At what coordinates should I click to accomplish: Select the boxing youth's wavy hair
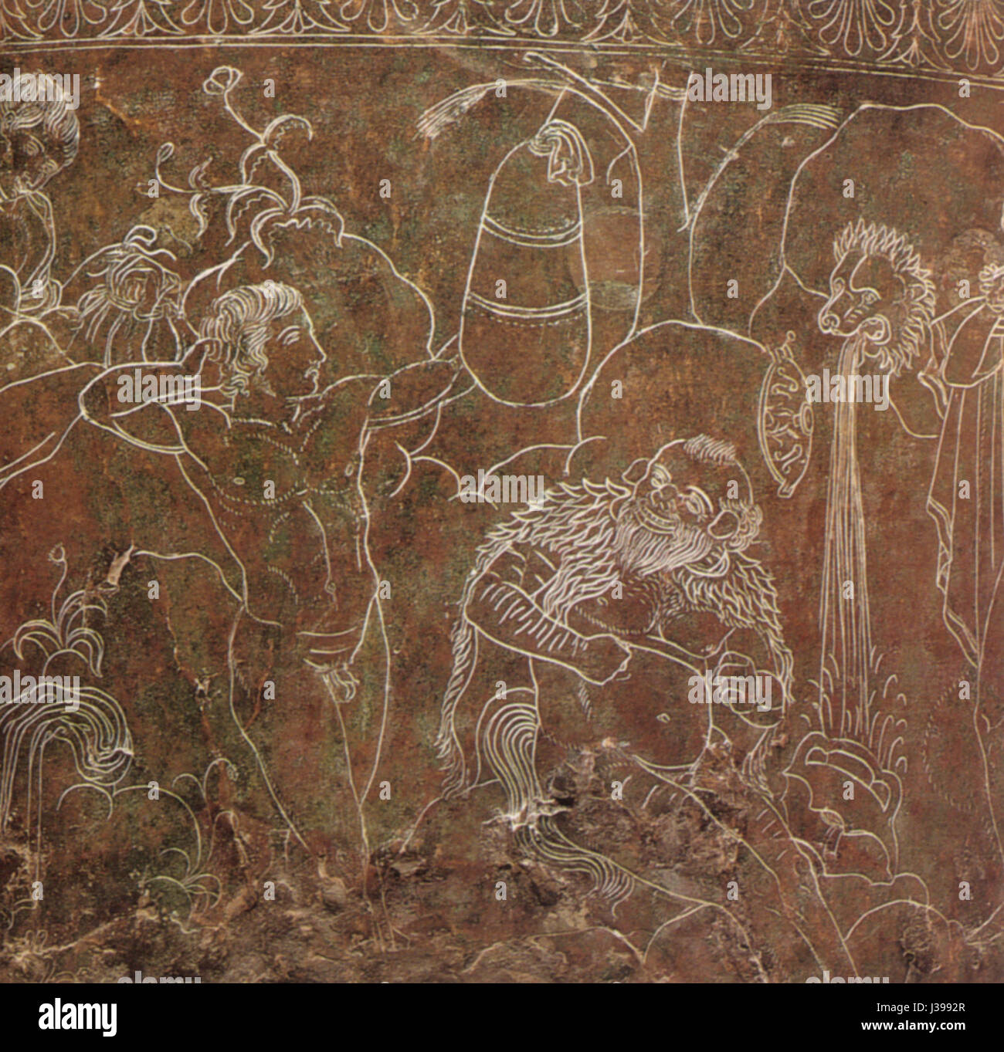(x=247, y=316)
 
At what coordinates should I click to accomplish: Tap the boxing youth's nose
(x=319, y=353)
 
